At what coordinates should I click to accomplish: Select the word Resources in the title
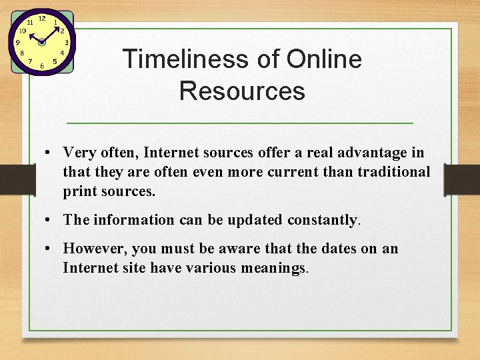point(242,91)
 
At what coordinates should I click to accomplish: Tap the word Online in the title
point(324,60)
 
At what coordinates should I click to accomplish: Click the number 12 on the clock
point(41,19)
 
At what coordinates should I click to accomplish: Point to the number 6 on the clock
point(42,66)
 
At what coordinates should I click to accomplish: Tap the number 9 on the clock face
point(18,42)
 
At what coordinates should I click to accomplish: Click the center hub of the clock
point(42,42)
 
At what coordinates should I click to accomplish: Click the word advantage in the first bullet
point(363,153)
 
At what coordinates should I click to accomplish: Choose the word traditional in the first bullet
point(393,172)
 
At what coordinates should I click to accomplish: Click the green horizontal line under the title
point(240,123)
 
